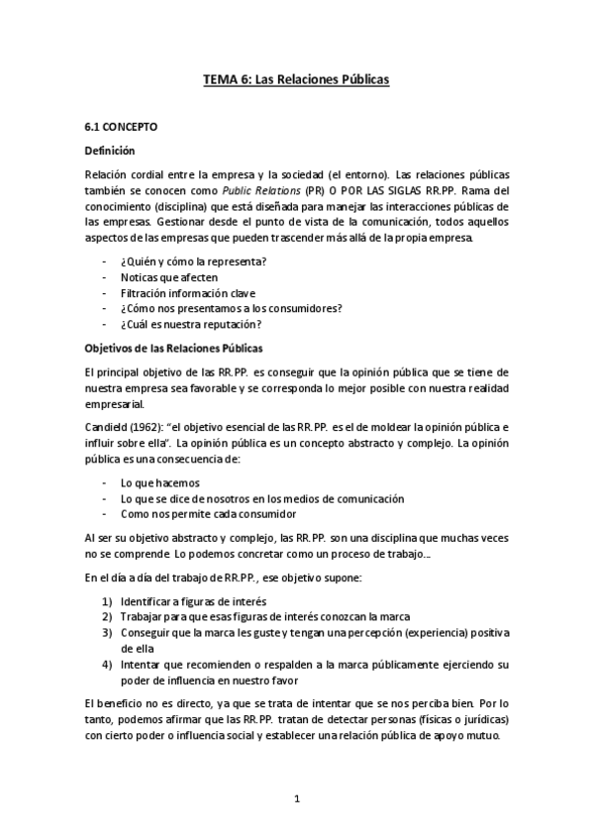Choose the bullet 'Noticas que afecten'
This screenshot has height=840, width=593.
[169, 276]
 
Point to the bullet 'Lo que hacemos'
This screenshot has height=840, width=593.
[156, 481]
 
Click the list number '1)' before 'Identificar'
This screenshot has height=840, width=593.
[107, 601]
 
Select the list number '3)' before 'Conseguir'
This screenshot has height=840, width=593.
[107, 633]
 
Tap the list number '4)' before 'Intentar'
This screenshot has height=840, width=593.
[107, 664]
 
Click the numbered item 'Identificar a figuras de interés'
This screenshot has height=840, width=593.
[194, 601]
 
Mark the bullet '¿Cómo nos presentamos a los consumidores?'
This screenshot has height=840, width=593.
[231, 308]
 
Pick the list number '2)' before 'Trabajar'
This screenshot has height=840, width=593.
[107, 617]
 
